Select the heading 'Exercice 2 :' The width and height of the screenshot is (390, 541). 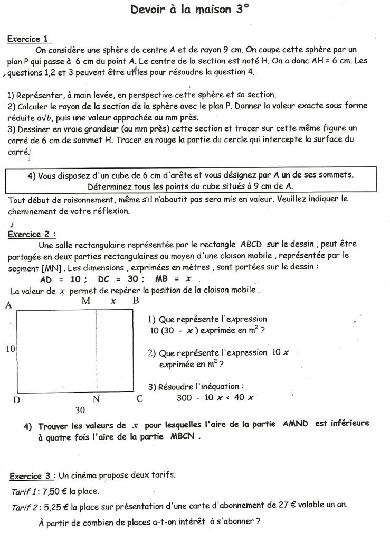32,234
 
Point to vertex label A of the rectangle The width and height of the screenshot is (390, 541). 8,305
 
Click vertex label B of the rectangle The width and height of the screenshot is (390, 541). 136,301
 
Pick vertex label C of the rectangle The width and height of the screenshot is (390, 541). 140,399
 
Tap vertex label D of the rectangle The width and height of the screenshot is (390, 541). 17,400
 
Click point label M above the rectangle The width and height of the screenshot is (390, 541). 87,301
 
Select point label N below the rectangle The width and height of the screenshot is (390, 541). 96,399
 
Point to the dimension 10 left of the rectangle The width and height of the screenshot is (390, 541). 10,349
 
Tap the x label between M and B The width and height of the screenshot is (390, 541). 113,301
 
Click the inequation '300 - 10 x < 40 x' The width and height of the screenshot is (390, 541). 215,398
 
